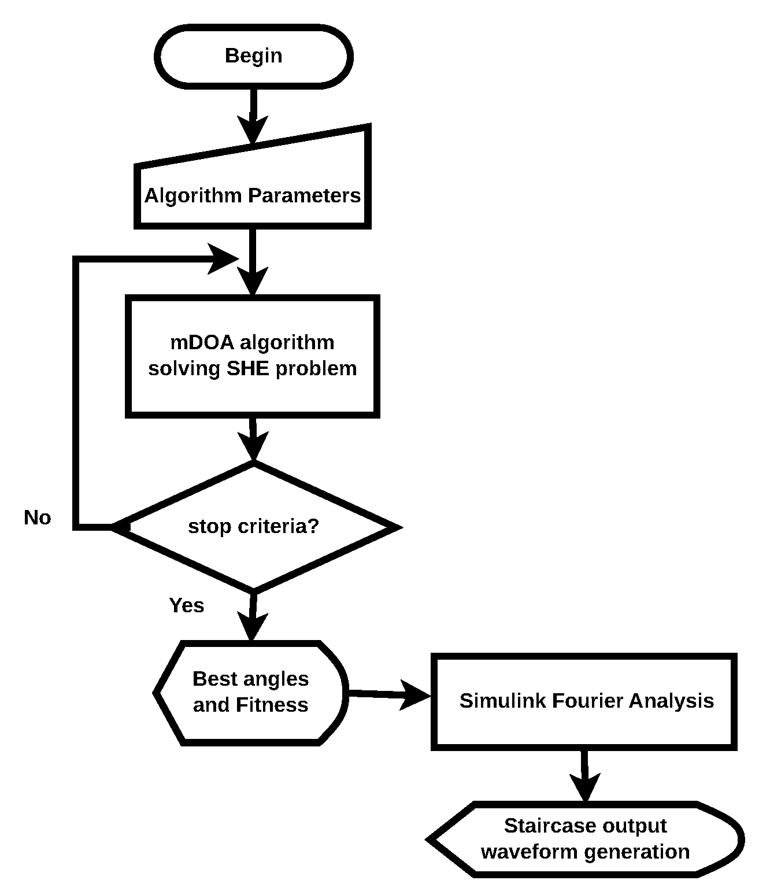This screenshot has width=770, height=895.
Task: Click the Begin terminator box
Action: point(253,56)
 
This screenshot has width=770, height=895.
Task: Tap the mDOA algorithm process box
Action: point(253,356)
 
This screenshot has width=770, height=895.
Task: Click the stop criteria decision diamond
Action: point(254,527)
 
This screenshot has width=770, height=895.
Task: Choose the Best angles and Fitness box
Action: point(251,692)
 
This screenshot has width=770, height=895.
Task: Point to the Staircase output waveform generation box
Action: point(585,839)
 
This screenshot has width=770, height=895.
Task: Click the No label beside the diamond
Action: point(38,517)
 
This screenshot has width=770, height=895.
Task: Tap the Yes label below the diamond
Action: point(186,605)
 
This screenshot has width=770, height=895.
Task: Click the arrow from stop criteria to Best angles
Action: point(252,616)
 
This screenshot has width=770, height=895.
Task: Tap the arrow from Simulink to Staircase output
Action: point(585,775)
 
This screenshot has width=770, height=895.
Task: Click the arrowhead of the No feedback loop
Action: point(223,259)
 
